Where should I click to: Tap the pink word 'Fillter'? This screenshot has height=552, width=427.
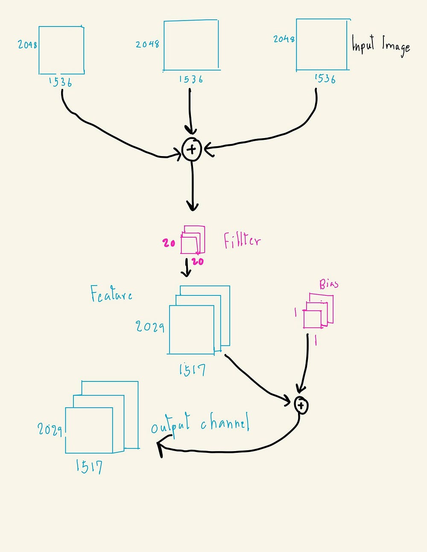coord(242,241)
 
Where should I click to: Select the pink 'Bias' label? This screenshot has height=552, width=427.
coord(329,284)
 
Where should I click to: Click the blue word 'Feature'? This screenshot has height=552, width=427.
coord(111,294)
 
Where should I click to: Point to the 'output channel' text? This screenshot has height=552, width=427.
coord(200,424)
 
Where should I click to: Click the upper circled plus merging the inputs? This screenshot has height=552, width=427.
coord(191,149)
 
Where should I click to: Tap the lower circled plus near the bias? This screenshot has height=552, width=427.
coord(301,405)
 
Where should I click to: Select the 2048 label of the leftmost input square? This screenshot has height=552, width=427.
coord(27,44)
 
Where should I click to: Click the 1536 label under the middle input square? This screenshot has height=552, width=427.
coord(191,79)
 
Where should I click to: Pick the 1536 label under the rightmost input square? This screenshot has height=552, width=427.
coord(325,78)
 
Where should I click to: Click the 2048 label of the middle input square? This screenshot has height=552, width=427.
coord(147,44)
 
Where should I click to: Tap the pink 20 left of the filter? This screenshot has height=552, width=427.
coord(169,243)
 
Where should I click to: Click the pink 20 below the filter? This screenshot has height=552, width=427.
coord(198,261)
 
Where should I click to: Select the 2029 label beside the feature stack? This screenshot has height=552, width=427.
coord(150,327)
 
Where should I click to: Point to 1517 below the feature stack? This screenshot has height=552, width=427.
coord(192,369)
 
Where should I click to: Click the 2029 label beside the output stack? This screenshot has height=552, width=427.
coord(50,429)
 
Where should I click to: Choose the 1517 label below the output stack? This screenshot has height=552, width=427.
coord(89,466)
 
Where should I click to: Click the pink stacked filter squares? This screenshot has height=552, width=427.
coord(193,239)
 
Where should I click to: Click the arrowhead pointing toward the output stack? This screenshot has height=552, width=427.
coord(161,449)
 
